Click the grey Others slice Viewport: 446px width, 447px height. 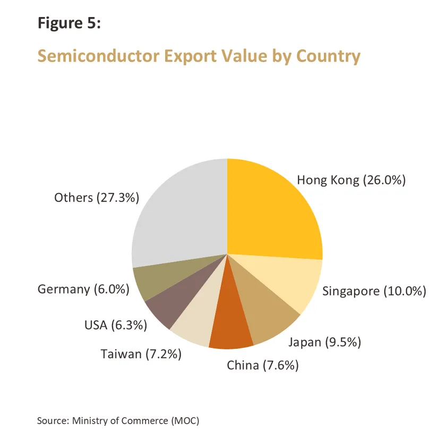click(181, 212)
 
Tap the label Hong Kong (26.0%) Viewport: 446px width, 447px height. click(351, 180)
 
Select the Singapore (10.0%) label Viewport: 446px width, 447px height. click(374, 291)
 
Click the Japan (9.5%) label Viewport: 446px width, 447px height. click(324, 342)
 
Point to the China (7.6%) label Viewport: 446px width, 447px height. click(262, 365)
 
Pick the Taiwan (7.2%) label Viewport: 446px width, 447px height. click(141, 354)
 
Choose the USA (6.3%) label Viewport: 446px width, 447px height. click(115, 325)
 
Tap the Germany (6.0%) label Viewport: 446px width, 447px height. click(83, 290)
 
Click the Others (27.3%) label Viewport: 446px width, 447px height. click(96, 198)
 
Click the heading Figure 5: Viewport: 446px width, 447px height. click(68, 23)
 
